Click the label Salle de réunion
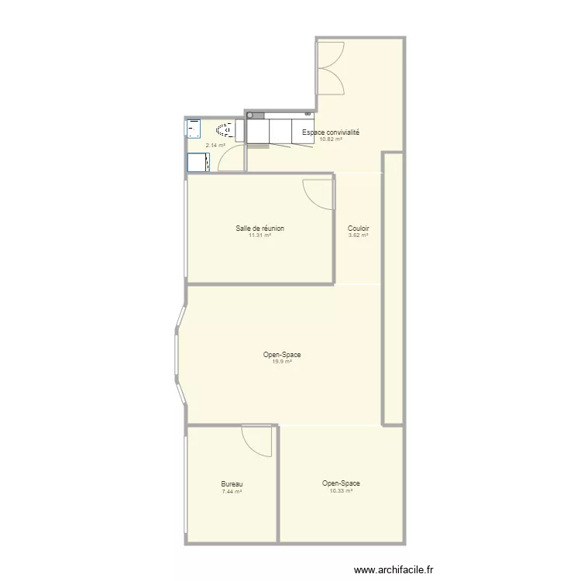point(260,229)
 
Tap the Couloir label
point(359,229)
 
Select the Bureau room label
point(232,484)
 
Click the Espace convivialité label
point(331,132)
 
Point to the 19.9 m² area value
point(282,362)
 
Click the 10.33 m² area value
point(341,490)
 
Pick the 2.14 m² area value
point(215,146)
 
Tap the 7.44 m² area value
point(232,492)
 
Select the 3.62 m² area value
point(359,235)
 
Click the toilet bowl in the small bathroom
point(225,130)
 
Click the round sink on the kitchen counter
point(250,115)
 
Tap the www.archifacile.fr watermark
point(394,569)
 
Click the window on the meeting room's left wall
point(186,229)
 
